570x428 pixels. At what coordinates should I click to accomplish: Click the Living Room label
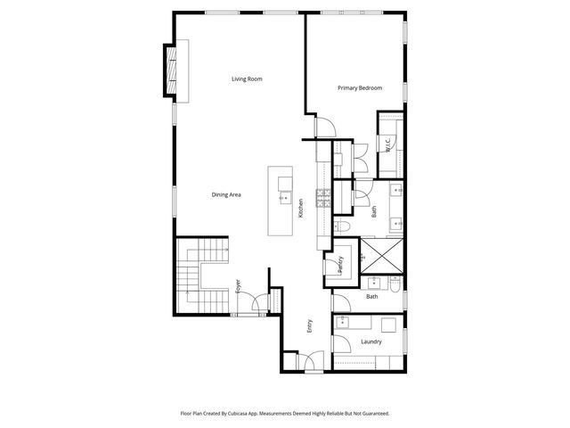(247, 79)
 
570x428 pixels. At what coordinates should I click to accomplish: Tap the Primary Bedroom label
(360, 88)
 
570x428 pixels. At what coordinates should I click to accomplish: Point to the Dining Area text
(226, 195)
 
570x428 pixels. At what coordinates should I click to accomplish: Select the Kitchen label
(301, 208)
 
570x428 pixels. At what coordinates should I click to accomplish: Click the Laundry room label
(370, 342)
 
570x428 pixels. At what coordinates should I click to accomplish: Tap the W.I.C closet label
(389, 143)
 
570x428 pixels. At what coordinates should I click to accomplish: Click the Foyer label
(238, 286)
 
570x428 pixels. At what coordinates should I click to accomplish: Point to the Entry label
(310, 326)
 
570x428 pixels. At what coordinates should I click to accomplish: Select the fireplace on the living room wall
(170, 69)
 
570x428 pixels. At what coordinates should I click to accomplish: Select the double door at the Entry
(310, 361)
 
